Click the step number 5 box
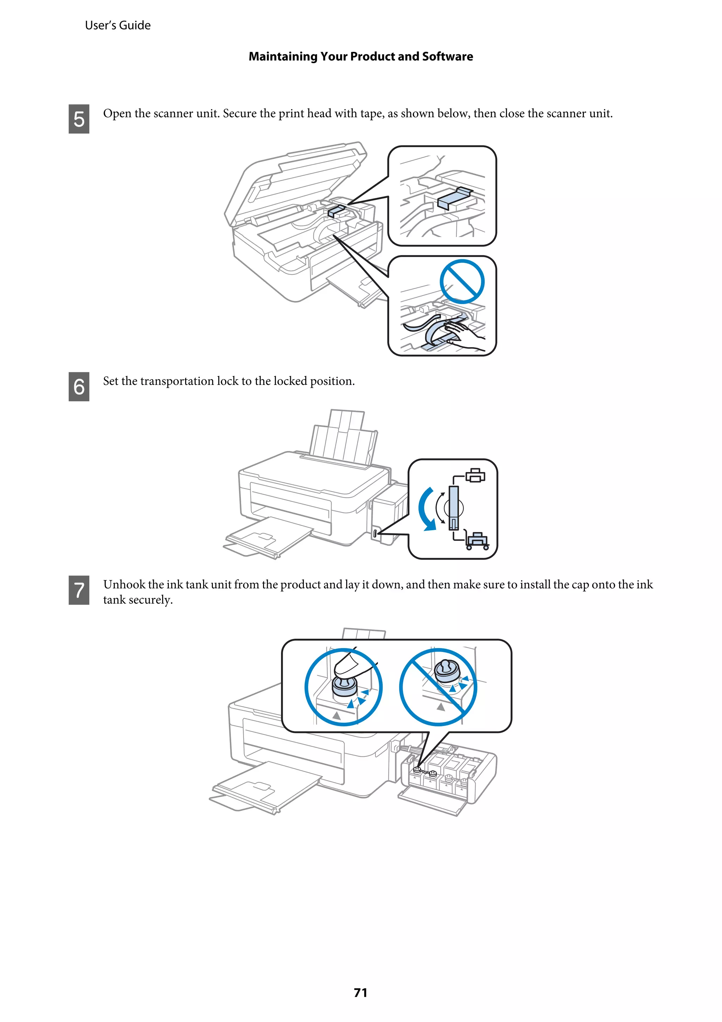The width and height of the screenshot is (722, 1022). point(79,119)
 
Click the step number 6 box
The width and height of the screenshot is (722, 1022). point(79,386)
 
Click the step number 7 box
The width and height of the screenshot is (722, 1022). point(79,590)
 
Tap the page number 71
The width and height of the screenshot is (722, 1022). point(360,992)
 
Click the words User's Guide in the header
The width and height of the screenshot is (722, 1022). point(117,25)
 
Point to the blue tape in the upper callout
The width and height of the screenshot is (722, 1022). point(455,198)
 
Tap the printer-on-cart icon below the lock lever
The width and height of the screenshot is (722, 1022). point(477,540)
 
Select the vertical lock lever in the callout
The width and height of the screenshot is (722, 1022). point(453,507)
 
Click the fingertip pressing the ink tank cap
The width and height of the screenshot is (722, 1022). point(349,665)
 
